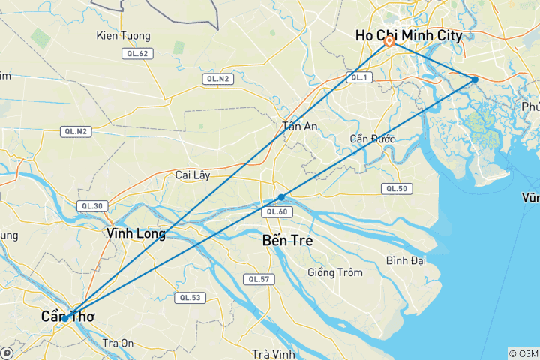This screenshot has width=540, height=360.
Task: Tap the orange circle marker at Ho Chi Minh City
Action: [x=390, y=42]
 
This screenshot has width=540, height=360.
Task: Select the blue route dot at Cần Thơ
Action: [x=66, y=318]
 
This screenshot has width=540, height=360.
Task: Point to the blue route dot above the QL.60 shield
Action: [x=281, y=197]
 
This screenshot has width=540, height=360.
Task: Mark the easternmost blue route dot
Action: [x=475, y=79]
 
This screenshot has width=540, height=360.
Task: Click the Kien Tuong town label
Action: [x=124, y=35]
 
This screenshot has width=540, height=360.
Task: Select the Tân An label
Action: [x=300, y=127]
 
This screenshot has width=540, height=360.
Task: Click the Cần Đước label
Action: [x=372, y=139]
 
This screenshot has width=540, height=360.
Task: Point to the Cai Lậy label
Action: [x=193, y=175]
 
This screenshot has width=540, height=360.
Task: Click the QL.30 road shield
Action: [x=93, y=206]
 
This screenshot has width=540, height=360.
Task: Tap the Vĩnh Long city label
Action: [x=136, y=233]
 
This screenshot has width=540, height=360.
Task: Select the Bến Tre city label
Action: [x=288, y=241]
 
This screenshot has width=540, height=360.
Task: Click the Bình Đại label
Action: [x=407, y=260]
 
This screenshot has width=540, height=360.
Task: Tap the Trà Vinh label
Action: [x=271, y=354]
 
